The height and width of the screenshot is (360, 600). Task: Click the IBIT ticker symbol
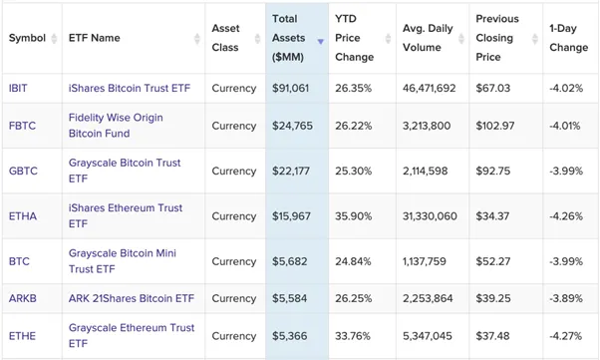coord(18,88)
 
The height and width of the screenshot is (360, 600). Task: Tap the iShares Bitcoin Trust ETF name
coord(130,88)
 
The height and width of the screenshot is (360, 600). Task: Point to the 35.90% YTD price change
coord(353,216)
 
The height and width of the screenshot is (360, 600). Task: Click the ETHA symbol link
coord(22,216)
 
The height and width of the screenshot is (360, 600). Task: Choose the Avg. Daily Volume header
coord(428,38)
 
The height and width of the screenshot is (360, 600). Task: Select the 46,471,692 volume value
coord(430,88)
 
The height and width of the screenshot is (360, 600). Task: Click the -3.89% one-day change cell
coord(567,298)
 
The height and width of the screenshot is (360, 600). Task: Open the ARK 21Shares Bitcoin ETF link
coord(132,298)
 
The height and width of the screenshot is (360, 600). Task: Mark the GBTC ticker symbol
coord(23,172)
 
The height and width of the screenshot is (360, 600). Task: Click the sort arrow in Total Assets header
coord(320,42)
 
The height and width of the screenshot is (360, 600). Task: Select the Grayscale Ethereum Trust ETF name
coord(132,335)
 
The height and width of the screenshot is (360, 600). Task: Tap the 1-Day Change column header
coord(568,38)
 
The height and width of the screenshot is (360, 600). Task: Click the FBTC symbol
coord(22,126)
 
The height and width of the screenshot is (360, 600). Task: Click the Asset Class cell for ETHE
coord(234,336)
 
